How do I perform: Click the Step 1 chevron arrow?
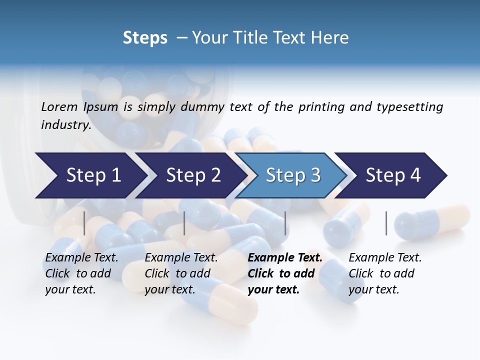click(90, 175)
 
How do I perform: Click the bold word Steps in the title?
click(145, 37)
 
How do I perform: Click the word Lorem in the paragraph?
click(58, 106)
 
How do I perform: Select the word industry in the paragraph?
click(65, 124)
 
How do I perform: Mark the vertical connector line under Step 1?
click(84, 223)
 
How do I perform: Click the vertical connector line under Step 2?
click(184, 223)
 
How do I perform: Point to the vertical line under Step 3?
click(285, 223)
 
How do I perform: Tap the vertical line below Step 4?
click(386, 223)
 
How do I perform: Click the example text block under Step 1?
click(81, 273)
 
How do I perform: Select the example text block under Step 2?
click(181, 273)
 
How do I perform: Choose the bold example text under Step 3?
click(285, 273)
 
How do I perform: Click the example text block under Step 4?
click(385, 273)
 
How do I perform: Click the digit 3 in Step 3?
click(315, 175)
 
